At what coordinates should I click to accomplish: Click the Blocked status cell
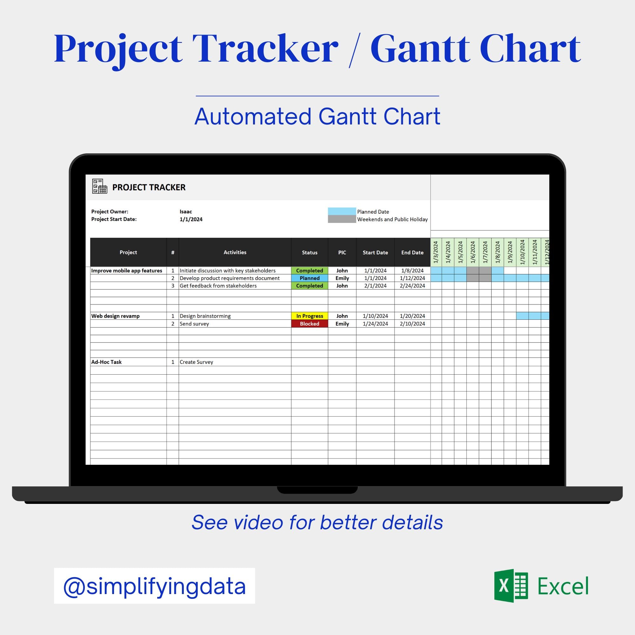pyautogui.click(x=309, y=324)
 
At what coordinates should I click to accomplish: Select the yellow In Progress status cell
pyautogui.click(x=309, y=316)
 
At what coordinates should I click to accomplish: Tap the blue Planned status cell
pyautogui.click(x=309, y=278)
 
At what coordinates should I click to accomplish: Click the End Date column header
pyautogui.click(x=412, y=252)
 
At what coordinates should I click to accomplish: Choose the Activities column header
pyautogui.click(x=235, y=252)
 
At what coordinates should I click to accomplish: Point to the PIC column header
pyautogui.click(x=342, y=252)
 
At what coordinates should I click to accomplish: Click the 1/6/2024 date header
pyautogui.click(x=473, y=252)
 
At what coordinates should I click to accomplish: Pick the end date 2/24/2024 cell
pyautogui.click(x=412, y=286)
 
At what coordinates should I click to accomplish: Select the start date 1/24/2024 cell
pyautogui.click(x=375, y=324)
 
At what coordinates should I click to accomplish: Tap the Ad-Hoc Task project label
pyautogui.click(x=106, y=362)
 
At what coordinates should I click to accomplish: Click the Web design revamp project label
pyautogui.click(x=115, y=316)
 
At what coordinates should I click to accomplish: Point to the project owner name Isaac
pyautogui.click(x=186, y=212)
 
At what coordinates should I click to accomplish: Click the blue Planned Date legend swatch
pyautogui.click(x=342, y=211)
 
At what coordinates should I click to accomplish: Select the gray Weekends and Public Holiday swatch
pyautogui.click(x=342, y=219)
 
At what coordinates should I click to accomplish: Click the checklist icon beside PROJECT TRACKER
pyautogui.click(x=100, y=186)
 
